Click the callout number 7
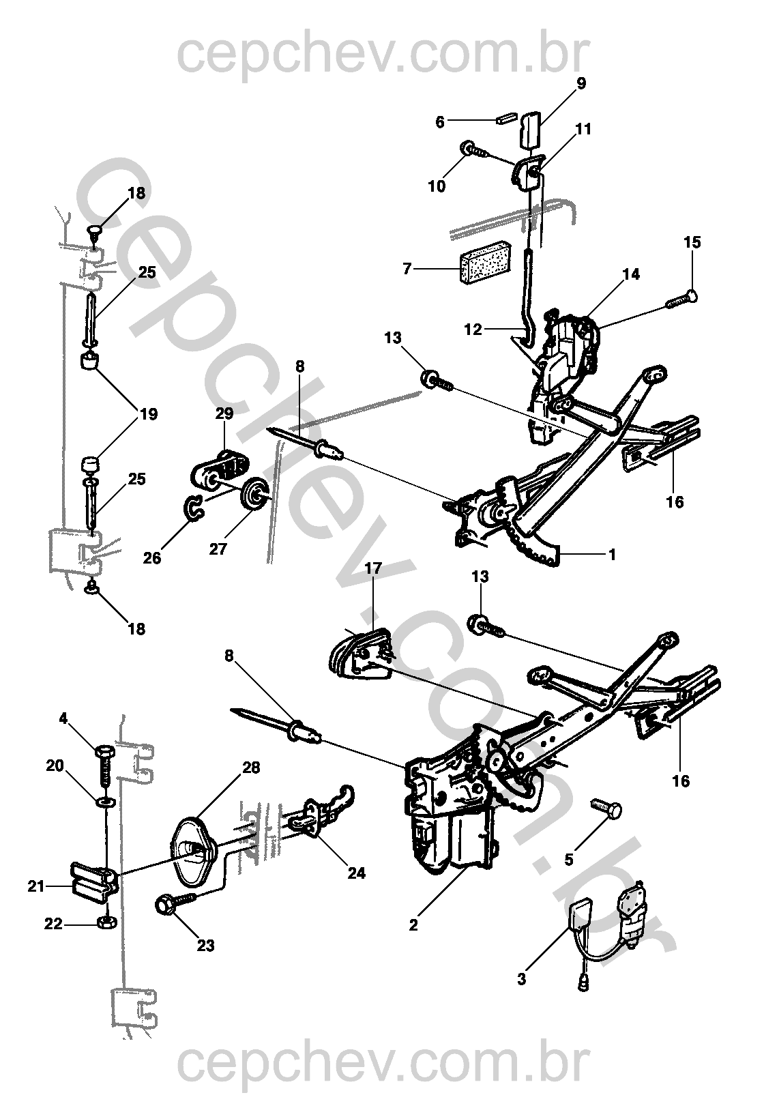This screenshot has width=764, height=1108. (x=407, y=269)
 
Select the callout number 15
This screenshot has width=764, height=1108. (x=692, y=242)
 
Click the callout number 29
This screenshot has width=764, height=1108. (x=224, y=413)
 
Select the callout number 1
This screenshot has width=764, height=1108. (x=612, y=555)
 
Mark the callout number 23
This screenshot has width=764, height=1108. (x=205, y=945)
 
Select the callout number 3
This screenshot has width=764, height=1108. (x=522, y=979)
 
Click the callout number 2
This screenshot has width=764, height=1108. (x=413, y=925)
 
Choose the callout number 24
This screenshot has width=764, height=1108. (x=356, y=873)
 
